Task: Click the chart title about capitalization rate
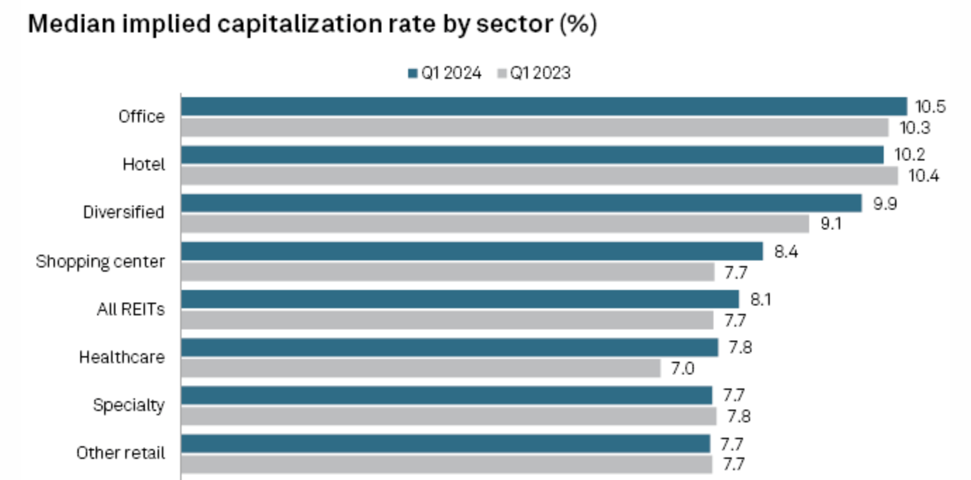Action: (x=312, y=25)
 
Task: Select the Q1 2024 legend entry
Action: (x=445, y=73)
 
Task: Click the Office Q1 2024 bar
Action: (x=544, y=106)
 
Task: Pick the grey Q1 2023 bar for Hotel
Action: (x=540, y=175)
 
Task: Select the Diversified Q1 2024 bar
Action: (x=521, y=203)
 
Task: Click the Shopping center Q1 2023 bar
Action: (x=448, y=272)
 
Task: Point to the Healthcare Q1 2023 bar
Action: (x=421, y=368)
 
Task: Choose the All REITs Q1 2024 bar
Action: (x=460, y=299)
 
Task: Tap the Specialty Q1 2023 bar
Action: (x=449, y=416)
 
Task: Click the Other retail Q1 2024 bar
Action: (x=445, y=443)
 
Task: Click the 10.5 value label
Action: (x=929, y=107)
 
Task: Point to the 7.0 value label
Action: (x=682, y=368)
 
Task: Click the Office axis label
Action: (x=141, y=117)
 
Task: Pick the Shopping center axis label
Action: (x=101, y=262)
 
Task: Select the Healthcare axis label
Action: (x=122, y=358)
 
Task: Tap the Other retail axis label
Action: (x=121, y=453)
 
